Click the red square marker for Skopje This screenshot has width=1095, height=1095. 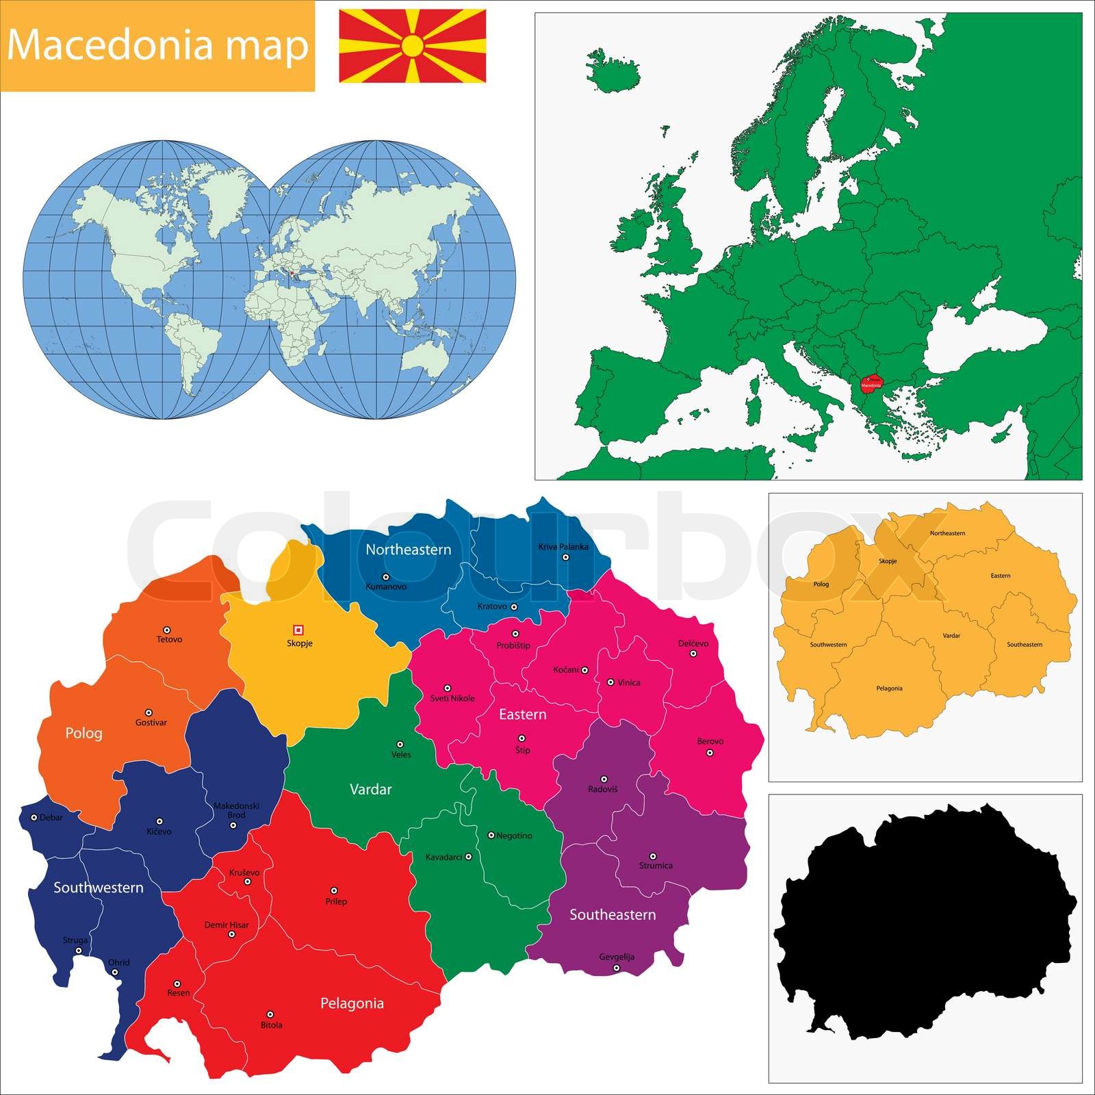pyautogui.click(x=298, y=630)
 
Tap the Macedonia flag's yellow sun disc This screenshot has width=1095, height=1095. pyautogui.click(x=413, y=46)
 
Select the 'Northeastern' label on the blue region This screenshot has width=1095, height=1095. pyautogui.click(x=408, y=550)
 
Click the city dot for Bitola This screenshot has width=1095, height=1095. pyautogui.click(x=270, y=1014)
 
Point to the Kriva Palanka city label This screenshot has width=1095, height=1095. pyautogui.click(x=563, y=546)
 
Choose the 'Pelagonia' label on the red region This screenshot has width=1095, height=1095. pyautogui.click(x=352, y=1003)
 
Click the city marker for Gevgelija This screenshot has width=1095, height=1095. pyautogui.click(x=616, y=968)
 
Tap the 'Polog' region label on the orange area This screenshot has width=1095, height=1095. pyautogui.click(x=83, y=733)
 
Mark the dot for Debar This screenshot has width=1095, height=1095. pyautogui.click(x=34, y=816)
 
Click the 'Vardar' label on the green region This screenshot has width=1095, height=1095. pyautogui.click(x=370, y=789)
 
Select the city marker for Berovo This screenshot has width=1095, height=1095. pyautogui.click(x=710, y=752)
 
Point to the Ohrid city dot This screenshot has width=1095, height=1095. pyautogui.click(x=115, y=972)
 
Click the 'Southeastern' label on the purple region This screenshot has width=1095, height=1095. pyautogui.click(x=613, y=914)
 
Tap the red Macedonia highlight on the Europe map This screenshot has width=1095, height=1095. pyautogui.click(x=871, y=383)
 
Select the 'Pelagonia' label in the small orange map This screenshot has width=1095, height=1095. pyautogui.click(x=889, y=688)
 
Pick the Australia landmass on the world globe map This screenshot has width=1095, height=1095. pyautogui.click(x=424, y=356)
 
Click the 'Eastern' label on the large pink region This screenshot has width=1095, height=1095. pyautogui.click(x=522, y=714)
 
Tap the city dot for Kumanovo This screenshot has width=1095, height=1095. pyautogui.click(x=385, y=577)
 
